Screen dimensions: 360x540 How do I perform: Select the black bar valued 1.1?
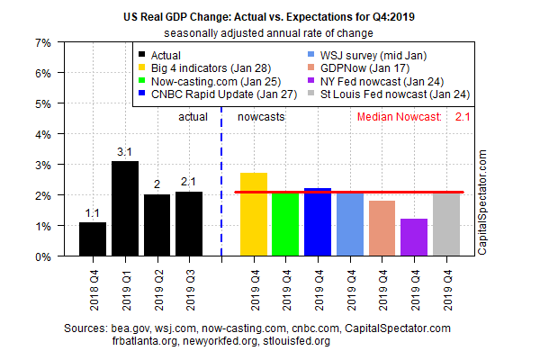93,239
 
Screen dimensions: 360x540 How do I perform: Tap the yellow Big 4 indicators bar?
254,214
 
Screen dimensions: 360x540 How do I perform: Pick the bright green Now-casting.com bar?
285,225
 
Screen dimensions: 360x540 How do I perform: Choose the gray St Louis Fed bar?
446,225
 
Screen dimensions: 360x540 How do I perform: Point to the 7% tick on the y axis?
43,42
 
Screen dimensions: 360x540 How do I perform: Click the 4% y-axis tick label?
43,134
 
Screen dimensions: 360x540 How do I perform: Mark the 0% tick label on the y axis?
43,256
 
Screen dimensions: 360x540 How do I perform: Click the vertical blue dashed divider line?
221,180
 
